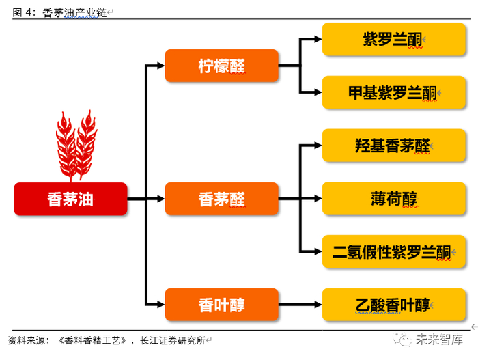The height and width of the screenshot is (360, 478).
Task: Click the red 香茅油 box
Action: click(x=70, y=199)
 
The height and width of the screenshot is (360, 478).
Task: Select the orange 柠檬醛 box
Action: click(x=222, y=66)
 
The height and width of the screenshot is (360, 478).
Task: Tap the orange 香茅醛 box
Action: click(x=222, y=199)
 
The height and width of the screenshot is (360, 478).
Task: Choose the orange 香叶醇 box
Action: click(x=222, y=305)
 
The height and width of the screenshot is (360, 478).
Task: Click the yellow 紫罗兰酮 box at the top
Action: click(x=394, y=39)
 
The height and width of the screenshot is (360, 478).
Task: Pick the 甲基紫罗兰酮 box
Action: click(x=394, y=92)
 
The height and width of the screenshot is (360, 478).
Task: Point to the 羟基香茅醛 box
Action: click(x=394, y=146)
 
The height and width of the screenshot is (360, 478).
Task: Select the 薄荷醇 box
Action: click(x=394, y=199)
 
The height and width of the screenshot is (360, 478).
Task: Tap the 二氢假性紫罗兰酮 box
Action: click(x=394, y=251)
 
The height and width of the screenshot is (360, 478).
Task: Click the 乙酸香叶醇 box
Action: click(x=394, y=305)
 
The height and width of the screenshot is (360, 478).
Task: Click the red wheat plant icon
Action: click(x=76, y=146)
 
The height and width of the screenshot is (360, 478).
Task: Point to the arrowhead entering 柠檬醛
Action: click(x=161, y=66)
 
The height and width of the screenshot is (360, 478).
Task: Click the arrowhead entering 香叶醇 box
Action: click(x=161, y=305)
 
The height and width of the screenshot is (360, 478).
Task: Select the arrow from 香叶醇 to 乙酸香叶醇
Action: click(x=300, y=305)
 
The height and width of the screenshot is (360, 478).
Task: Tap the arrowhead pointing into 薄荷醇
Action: click(x=318, y=199)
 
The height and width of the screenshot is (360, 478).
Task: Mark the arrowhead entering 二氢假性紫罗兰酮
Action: click(x=318, y=251)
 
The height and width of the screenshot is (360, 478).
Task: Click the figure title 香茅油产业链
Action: click(x=74, y=13)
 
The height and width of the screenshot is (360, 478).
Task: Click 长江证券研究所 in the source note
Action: click(x=173, y=340)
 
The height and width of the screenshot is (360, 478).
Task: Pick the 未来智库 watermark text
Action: click(x=439, y=340)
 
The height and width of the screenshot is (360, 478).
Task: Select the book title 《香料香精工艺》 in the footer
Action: click(x=92, y=340)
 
